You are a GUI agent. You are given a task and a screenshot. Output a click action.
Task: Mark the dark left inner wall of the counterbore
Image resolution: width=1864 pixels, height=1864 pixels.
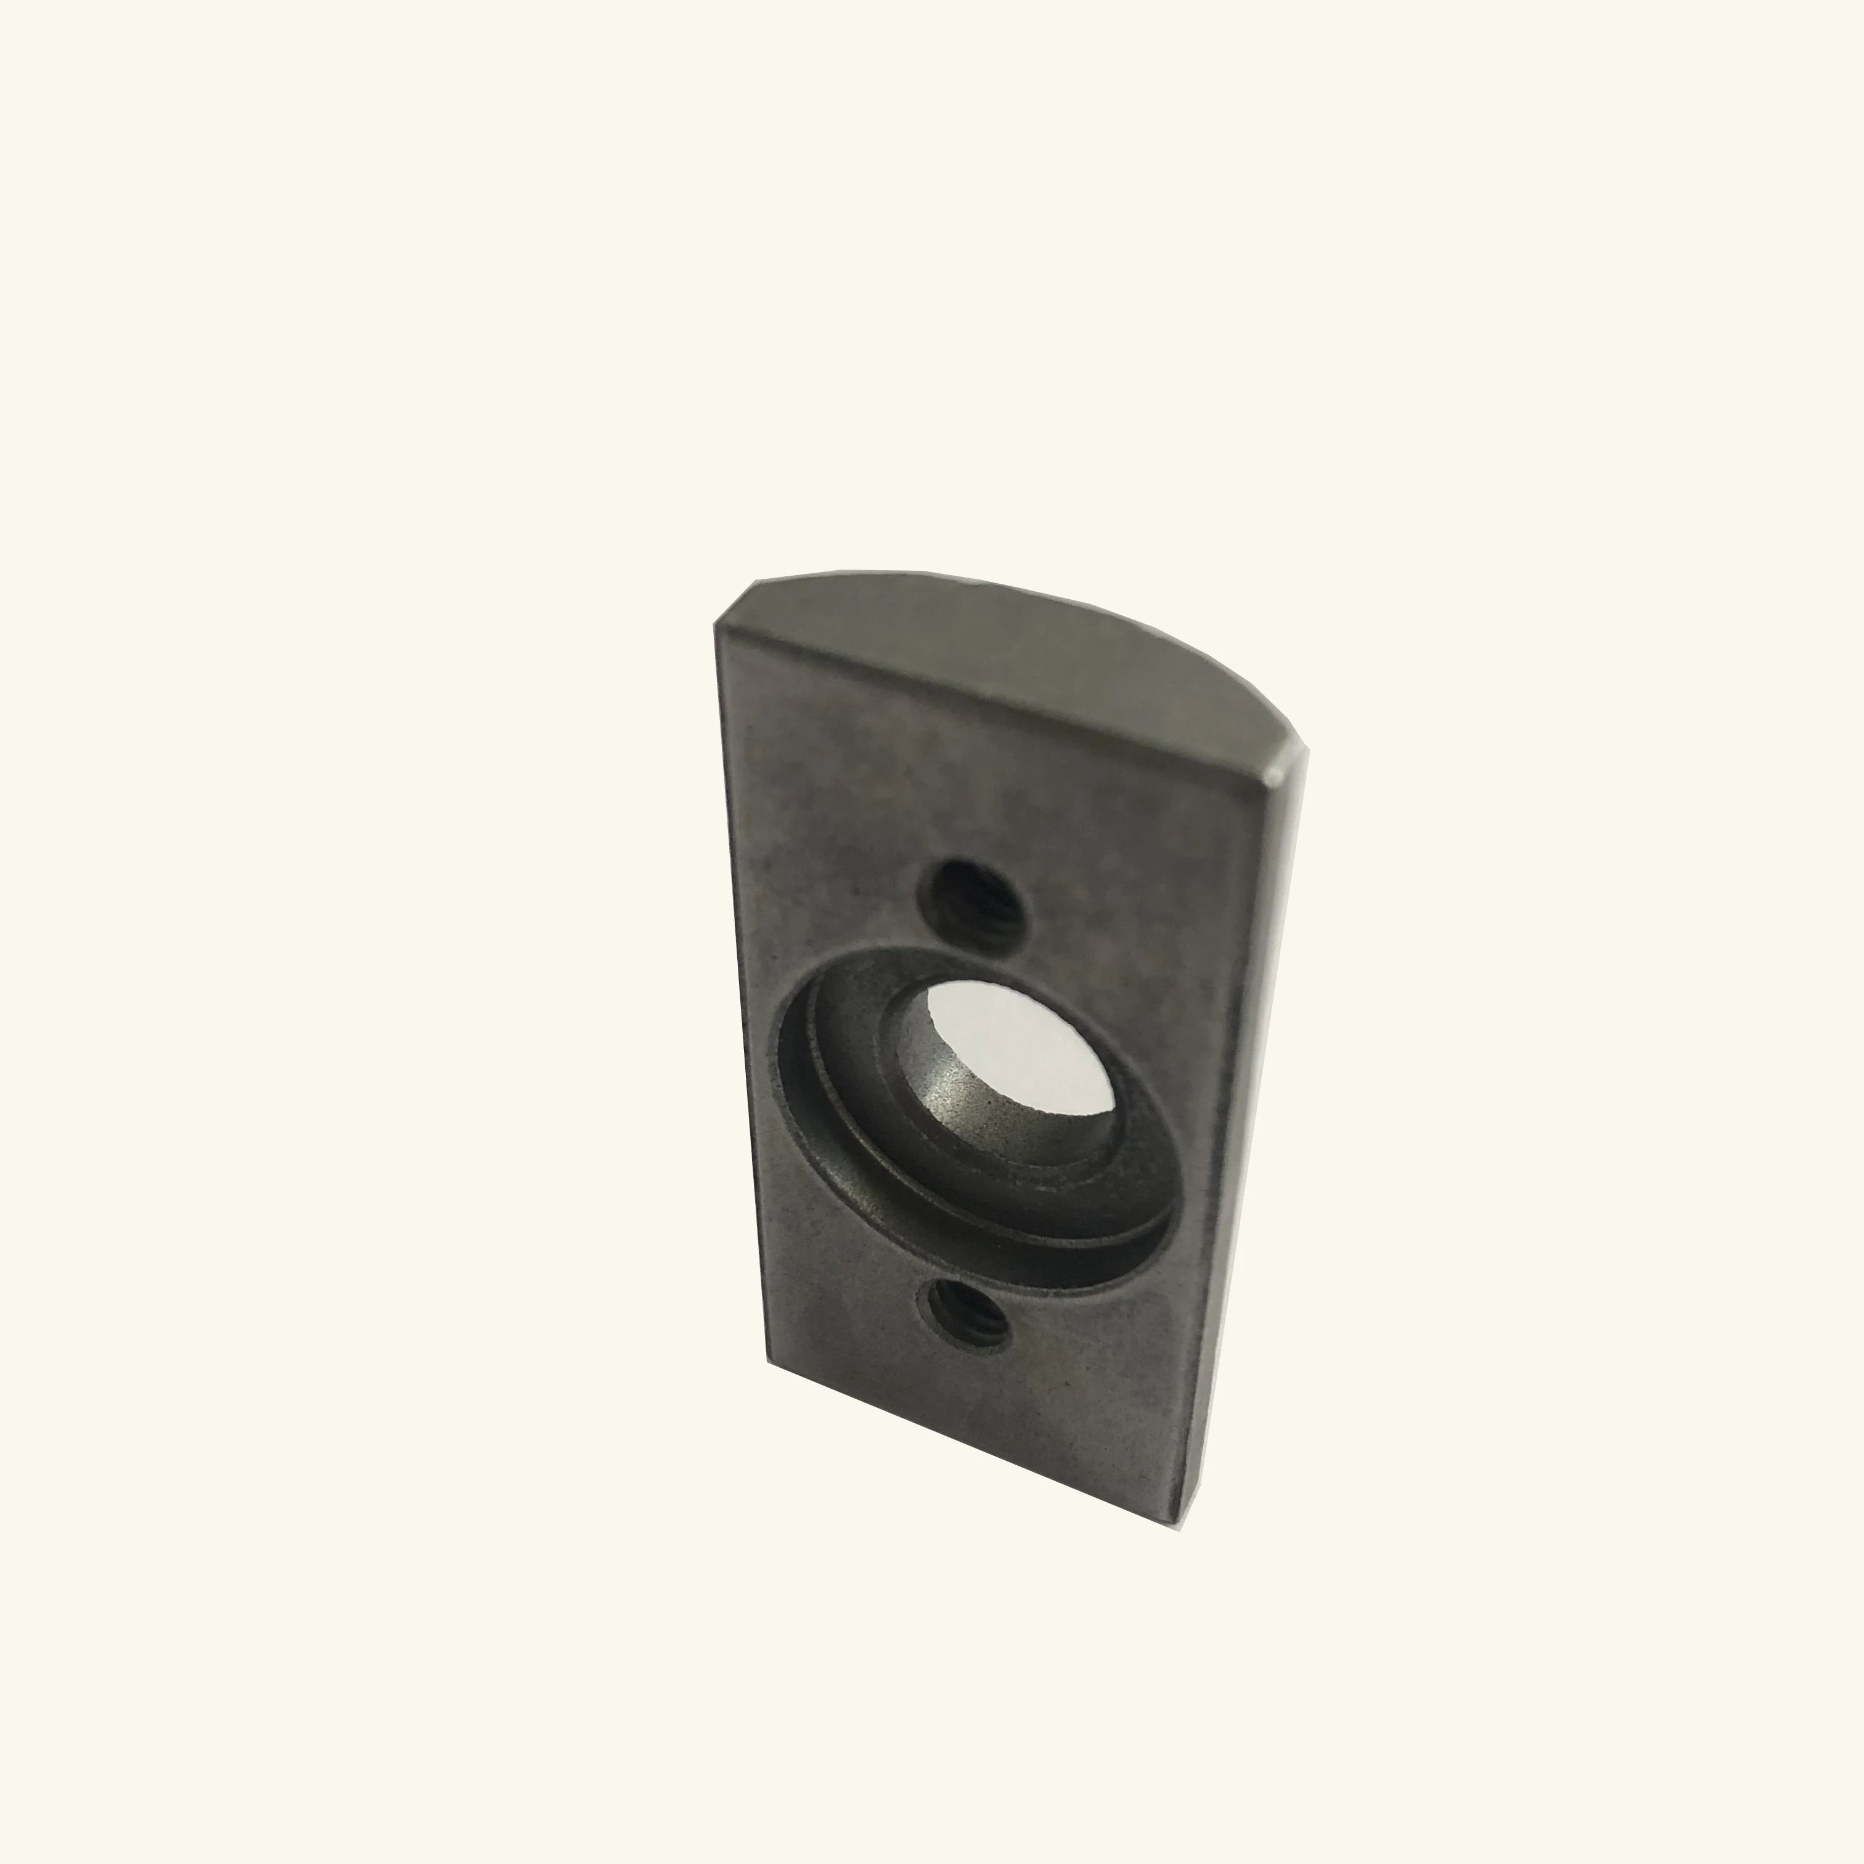point(801,1081)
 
